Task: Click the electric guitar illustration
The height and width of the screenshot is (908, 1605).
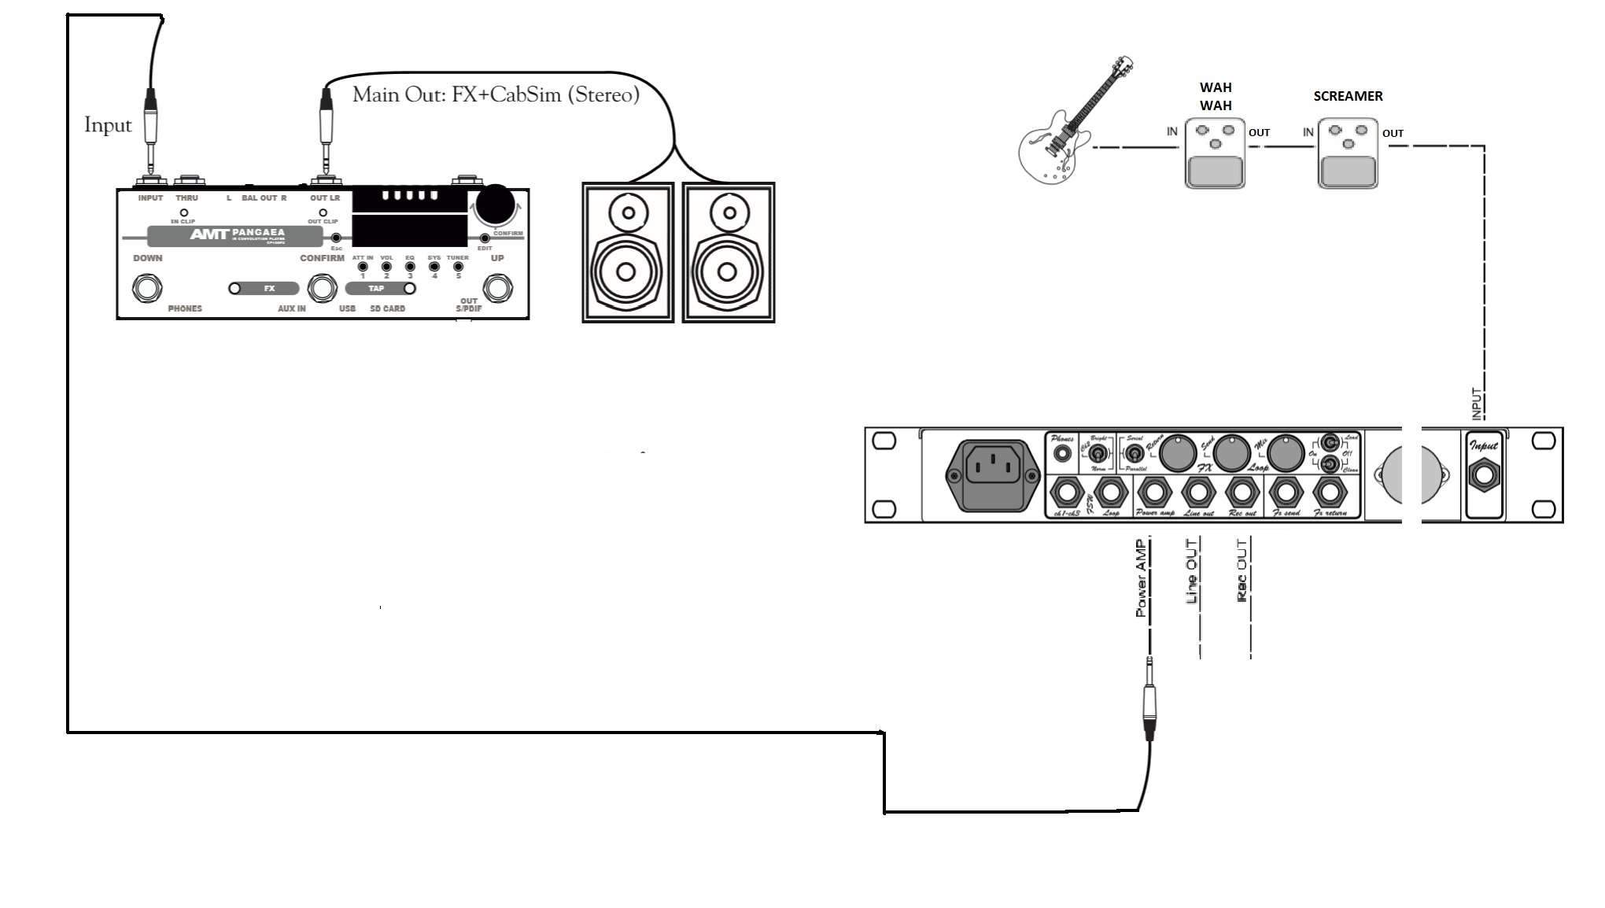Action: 1062,134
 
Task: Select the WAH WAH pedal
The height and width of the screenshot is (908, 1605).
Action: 1215,153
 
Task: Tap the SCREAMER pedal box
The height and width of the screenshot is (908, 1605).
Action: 1348,153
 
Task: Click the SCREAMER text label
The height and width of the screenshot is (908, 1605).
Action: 1348,96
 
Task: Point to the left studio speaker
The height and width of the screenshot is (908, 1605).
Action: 627,252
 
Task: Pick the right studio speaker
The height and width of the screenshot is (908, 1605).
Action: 729,252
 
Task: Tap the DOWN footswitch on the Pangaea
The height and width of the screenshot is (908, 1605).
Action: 146,289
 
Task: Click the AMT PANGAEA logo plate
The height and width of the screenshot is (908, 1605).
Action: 234,234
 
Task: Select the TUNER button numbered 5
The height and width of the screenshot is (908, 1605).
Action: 458,267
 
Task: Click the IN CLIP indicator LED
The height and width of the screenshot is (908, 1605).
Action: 183,212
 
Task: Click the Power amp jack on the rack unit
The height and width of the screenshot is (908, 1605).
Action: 1154,493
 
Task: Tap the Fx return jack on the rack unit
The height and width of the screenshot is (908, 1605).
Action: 1330,493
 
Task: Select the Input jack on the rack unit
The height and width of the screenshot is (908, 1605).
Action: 1485,476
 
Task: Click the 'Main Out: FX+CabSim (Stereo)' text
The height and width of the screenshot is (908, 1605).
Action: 496,95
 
